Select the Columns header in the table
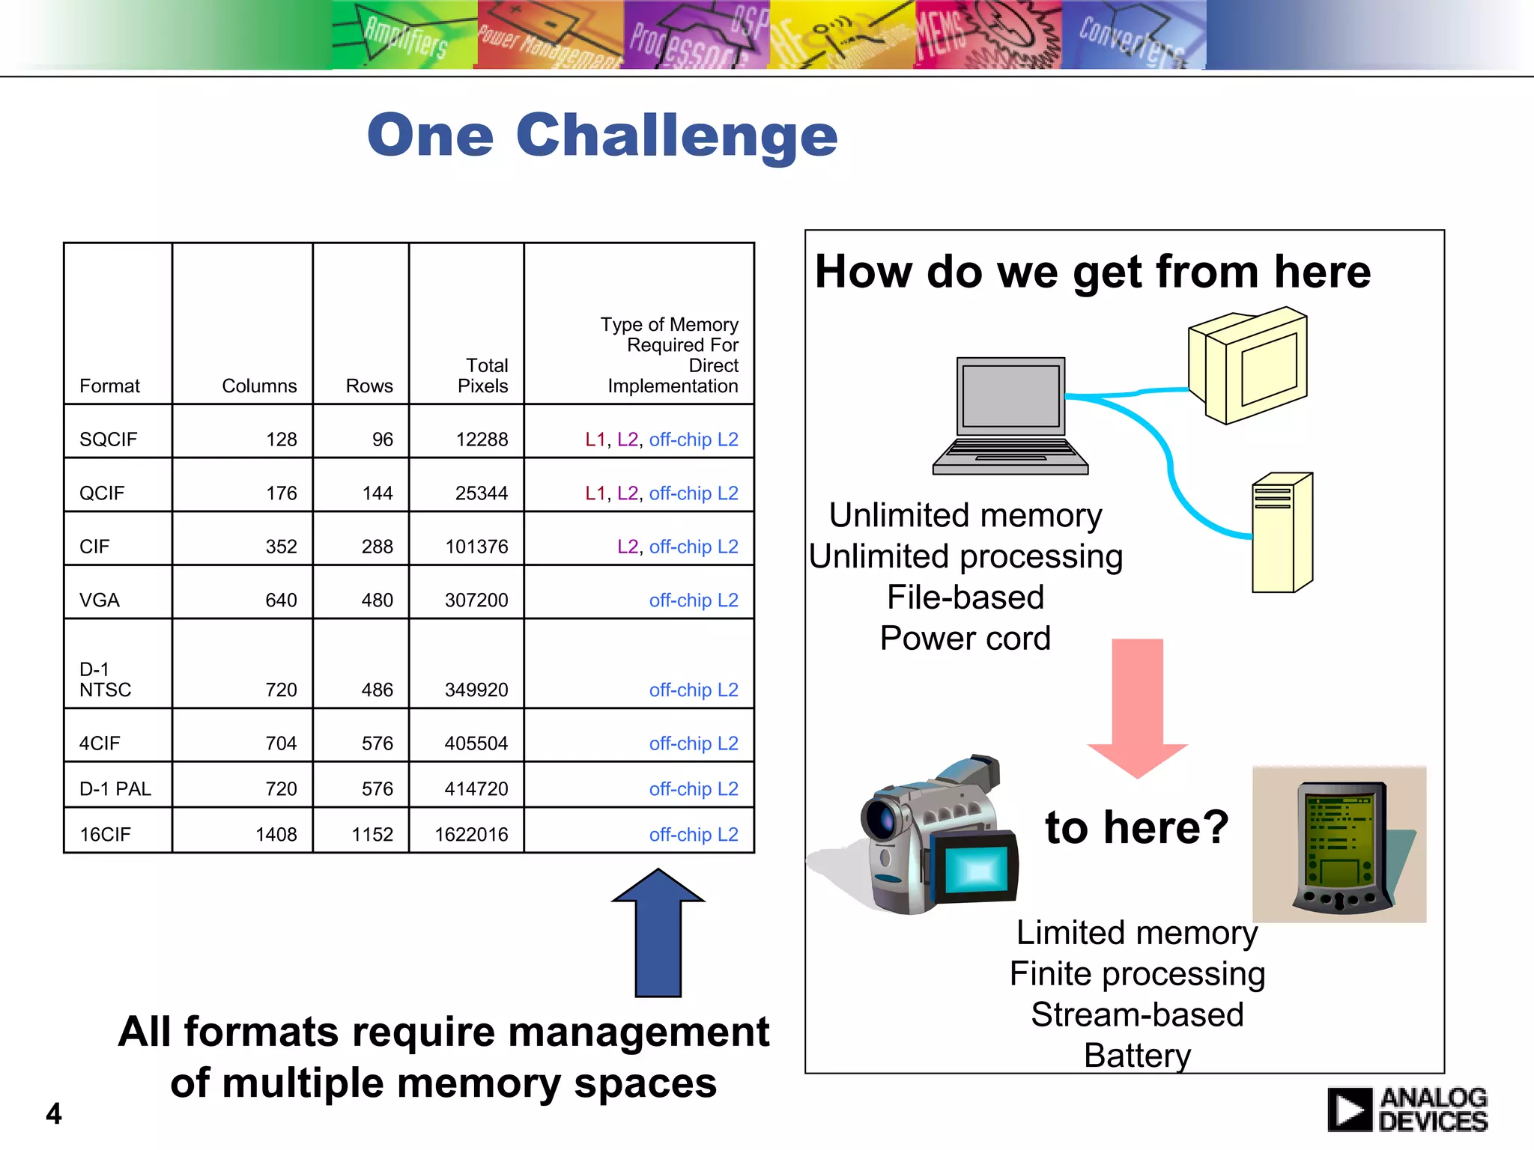(x=259, y=386)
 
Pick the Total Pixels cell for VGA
(x=476, y=600)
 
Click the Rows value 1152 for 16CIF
(x=372, y=834)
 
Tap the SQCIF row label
(x=109, y=439)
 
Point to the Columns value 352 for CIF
(x=281, y=547)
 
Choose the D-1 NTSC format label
(x=105, y=679)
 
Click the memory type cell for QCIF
(x=661, y=493)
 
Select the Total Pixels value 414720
(x=476, y=788)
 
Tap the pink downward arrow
(x=1137, y=708)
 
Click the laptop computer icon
(x=1010, y=416)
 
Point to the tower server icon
(x=1282, y=532)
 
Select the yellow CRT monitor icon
(x=1249, y=365)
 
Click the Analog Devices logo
(x=1407, y=1109)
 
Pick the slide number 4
(x=54, y=1113)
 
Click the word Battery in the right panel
(x=1137, y=1055)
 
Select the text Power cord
(x=965, y=638)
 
